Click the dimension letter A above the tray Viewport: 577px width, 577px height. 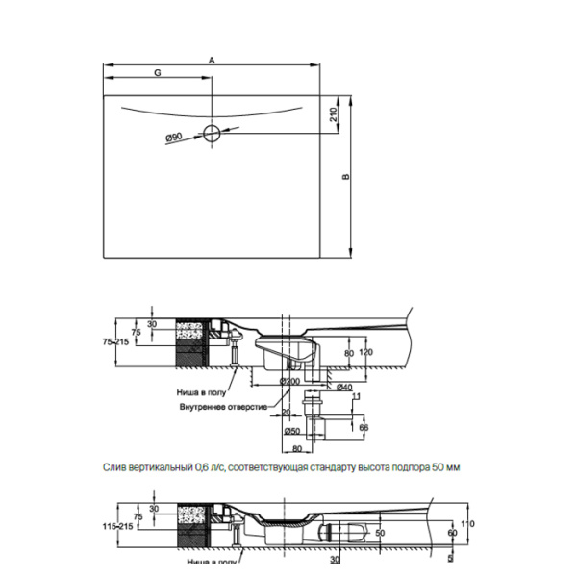212,60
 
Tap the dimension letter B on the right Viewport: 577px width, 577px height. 343,176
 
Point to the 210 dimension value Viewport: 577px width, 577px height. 332,114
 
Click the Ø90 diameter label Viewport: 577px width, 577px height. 174,138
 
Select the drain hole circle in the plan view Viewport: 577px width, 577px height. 212,133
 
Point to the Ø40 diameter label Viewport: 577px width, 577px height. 334,388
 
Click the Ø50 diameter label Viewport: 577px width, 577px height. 294,431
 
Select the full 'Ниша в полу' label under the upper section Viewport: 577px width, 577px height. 201,392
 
